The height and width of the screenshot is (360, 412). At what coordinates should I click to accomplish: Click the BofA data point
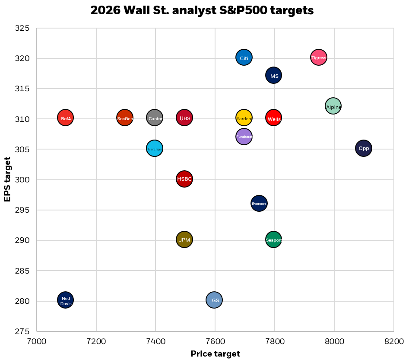[x=65, y=118]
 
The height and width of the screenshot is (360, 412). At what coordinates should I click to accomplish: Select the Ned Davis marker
[x=65, y=300]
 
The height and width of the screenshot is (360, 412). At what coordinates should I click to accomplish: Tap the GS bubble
[x=214, y=300]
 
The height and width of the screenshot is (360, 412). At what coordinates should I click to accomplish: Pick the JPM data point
[x=184, y=239]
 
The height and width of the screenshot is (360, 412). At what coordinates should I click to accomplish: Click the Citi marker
[x=244, y=57]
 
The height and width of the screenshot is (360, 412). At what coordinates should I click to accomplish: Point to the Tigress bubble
[x=319, y=57]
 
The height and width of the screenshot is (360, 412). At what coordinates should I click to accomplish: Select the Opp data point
[x=364, y=148]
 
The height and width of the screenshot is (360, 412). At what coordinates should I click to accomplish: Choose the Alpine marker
[x=333, y=106]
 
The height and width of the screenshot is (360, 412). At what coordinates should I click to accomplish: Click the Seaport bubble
[x=273, y=239]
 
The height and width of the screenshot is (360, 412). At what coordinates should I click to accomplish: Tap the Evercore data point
[x=259, y=203]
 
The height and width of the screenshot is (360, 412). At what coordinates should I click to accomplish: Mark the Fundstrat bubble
[x=244, y=137]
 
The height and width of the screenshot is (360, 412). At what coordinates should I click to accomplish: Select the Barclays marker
[x=155, y=149]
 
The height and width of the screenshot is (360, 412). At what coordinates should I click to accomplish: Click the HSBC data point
[x=184, y=179]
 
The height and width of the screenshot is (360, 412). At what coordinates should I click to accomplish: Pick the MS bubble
[x=274, y=76]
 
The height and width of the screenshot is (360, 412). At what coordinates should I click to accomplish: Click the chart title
[x=202, y=11]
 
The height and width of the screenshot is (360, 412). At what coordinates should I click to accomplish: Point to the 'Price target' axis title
[x=215, y=354]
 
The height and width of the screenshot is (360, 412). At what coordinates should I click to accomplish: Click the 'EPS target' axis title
[x=7, y=179]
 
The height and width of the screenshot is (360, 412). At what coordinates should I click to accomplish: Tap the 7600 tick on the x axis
[x=215, y=341]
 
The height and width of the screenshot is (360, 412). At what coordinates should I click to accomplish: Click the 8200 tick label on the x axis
[x=394, y=341]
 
